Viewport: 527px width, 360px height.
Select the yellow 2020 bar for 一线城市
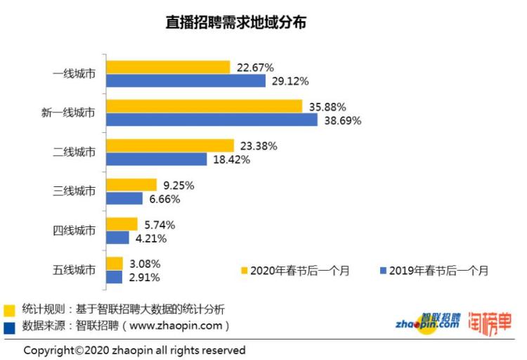point(168,67)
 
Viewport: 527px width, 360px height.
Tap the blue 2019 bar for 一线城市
point(186,81)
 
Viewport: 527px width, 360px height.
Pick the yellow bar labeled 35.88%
point(204,106)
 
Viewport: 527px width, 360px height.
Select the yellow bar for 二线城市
point(169,146)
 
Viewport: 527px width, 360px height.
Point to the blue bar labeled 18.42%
point(156,160)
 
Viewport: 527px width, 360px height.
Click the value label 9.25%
point(178,186)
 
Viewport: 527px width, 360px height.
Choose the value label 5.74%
point(159,225)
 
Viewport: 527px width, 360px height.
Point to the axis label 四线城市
point(74,231)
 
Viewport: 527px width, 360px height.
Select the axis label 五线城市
point(74,270)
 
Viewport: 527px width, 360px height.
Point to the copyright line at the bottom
point(134,349)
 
